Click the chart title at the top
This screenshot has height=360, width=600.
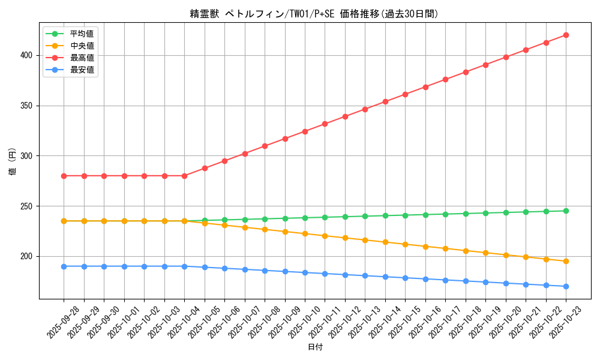click(x=314, y=14)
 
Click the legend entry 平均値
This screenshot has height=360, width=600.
click(x=82, y=34)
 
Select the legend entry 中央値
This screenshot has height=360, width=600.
click(x=82, y=46)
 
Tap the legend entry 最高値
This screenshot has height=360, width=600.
click(x=82, y=58)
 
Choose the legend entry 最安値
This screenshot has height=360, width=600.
click(x=82, y=70)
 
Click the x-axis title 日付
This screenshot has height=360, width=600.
click(x=315, y=347)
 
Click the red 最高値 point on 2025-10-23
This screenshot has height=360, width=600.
click(x=566, y=35)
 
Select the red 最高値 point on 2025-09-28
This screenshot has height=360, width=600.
click(x=64, y=176)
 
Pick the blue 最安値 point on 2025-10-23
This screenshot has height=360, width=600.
click(x=566, y=286)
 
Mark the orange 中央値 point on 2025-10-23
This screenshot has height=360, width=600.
click(x=566, y=261)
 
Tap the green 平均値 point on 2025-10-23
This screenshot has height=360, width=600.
click(x=566, y=211)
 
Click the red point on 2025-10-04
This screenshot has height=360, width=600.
click(x=184, y=176)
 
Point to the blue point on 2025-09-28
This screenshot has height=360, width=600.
click(x=64, y=266)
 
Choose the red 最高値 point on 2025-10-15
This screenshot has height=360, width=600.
click(x=405, y=94)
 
